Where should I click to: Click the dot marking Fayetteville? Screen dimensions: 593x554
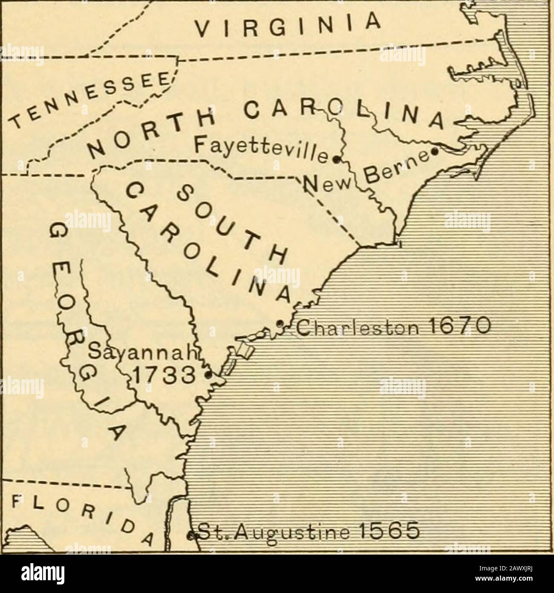(x=335, y=160)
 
